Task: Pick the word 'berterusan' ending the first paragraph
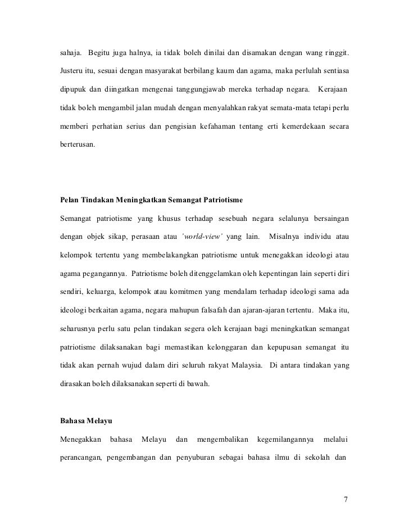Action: pyautogui.click(x=78, y=143)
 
